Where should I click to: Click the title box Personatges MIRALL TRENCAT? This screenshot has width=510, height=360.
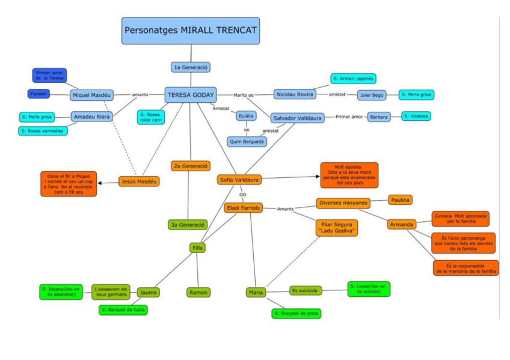coord(191,30)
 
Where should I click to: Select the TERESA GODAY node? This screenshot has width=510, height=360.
coord(191,94)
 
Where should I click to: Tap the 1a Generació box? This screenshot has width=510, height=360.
coord(190,67)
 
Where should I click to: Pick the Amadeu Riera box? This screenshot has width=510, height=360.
coord(91,117)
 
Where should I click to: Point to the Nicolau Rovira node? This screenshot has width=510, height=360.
coord(295,94)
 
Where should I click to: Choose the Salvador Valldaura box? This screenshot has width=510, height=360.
coord(297,118)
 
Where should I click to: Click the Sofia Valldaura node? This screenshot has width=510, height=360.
coord(239,179)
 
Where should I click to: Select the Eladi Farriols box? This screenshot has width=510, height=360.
coord(244,208)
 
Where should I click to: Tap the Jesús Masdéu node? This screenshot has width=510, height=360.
coord(139,181)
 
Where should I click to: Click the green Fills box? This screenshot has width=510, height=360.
coord(197,248)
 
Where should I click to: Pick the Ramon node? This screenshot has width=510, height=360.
coord(198,292)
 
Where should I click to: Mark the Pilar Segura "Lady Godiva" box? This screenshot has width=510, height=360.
coord(336,228)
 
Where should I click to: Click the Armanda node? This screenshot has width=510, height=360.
coord(402,224)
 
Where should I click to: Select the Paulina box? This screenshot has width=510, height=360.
coord(401,200)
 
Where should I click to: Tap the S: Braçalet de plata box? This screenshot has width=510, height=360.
coord(296,313)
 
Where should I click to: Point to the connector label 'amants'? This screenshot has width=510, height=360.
coord(140,95)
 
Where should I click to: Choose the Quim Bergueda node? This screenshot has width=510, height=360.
coord(247,142)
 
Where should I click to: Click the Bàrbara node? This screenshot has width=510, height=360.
coord(378,117)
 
